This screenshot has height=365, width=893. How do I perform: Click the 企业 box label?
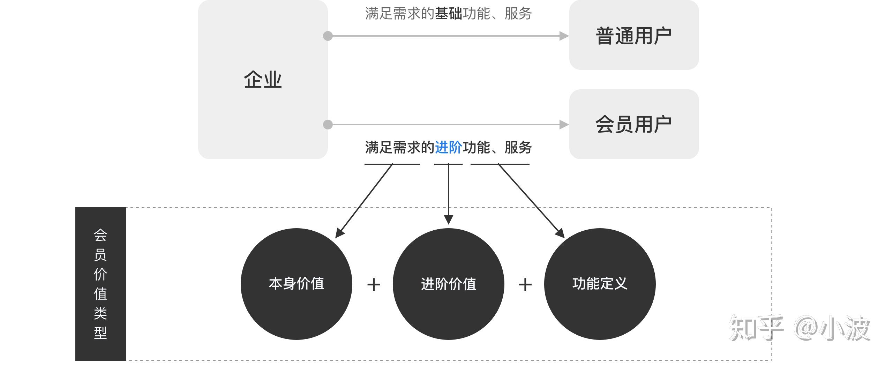pos(263,80)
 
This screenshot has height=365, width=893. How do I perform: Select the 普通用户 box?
pos(633,35)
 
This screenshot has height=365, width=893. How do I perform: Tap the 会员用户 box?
pos(633,124)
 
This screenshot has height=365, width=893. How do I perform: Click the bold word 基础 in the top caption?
pos(448,14)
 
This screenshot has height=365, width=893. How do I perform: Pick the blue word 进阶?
pos(448,147)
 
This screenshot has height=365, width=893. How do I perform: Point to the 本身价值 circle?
pos(296,284)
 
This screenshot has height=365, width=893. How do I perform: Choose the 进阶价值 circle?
pos(448,284)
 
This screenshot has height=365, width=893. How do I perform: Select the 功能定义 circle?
pos(600,284)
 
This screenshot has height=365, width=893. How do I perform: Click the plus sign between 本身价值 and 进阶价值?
pos(374,284)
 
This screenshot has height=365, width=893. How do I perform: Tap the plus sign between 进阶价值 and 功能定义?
pos(525,284)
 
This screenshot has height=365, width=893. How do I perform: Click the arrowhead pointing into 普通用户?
pos(564,36)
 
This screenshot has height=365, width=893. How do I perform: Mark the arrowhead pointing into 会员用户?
pos(564,125)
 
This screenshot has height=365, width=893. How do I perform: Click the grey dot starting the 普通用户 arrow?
pos(328,36)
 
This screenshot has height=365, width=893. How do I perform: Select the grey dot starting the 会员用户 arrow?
pos(328,125)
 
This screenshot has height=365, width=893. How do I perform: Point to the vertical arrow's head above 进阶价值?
pos(449,219)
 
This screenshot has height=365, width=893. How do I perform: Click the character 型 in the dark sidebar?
pos(100,333)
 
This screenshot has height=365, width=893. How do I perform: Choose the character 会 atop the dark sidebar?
pos(100,235)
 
